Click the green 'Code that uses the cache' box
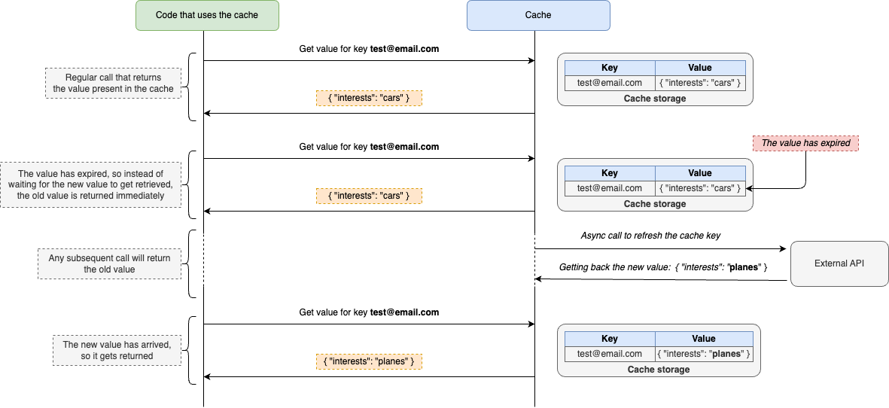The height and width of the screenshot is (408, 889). coord(207,15)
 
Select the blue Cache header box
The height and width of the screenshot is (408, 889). coord(537,15)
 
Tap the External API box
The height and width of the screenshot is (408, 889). coord(839,263)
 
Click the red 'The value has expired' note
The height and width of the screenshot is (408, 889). coord(805,143)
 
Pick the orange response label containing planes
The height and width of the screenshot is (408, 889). coord(369,361)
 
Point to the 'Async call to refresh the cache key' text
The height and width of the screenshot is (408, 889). coord(650,236)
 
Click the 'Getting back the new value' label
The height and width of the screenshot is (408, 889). coord(662,268)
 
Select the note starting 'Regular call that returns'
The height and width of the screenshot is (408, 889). coord(113,83)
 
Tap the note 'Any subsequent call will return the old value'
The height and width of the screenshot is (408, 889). coord(109,263)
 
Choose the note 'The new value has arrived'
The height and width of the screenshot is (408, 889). coord(117,350)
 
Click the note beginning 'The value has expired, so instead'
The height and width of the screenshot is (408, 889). coord(90,184)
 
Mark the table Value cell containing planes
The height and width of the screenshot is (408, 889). coord(704,354)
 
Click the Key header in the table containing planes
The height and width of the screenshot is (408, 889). coord(609,339)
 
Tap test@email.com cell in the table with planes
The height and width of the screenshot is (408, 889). coord(609,354)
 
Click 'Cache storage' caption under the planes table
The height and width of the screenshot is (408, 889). coord(658,370)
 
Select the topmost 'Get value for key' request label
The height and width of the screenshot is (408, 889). coord(369,49)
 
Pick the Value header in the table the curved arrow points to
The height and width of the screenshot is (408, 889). coord(699,173)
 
